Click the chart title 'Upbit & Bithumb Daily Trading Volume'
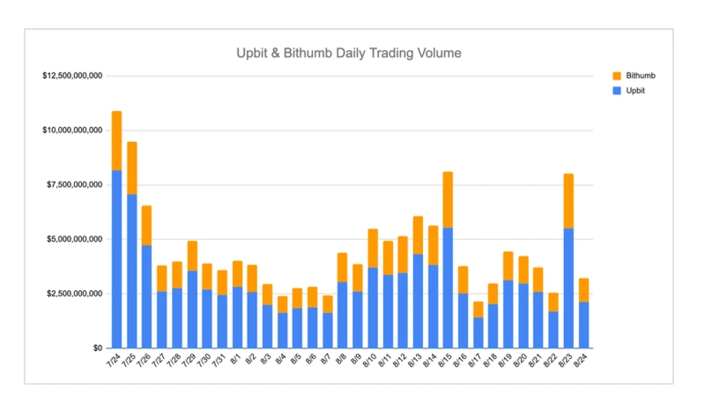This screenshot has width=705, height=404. pos(348,53)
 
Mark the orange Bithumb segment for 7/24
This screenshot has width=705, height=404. pos(116,140)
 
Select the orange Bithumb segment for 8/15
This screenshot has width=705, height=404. pos(448,199)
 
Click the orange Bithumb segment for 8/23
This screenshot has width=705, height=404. pos(568,201)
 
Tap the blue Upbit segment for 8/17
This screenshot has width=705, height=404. pos(478,333)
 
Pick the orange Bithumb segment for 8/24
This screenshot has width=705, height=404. pos(583,290)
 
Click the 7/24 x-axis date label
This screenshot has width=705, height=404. pos(113,362)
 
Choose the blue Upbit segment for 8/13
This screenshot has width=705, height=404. pos(418,301)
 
